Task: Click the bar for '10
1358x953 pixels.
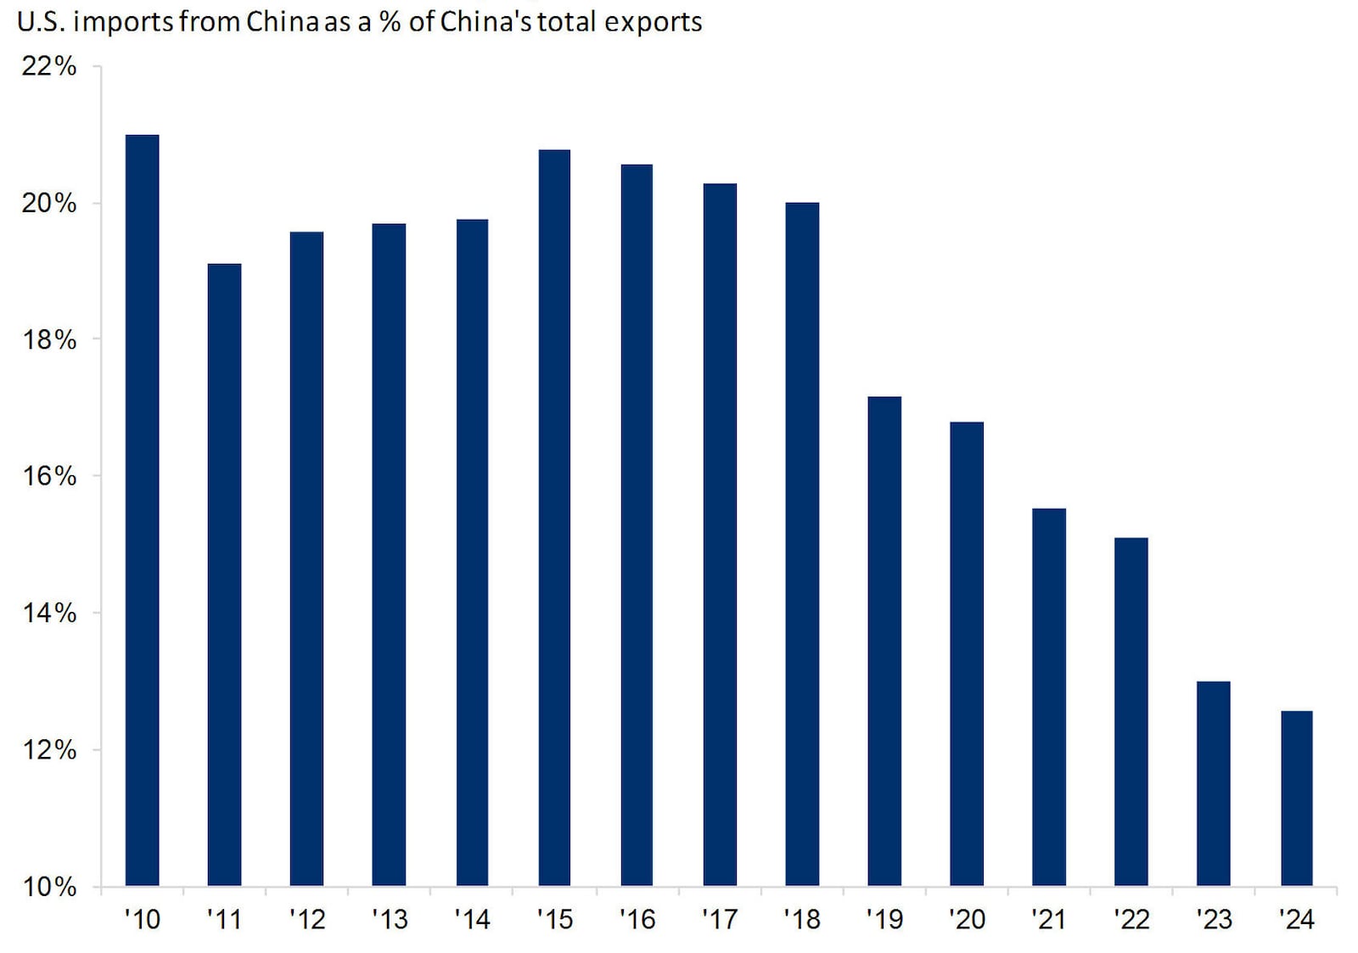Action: pos(142,509)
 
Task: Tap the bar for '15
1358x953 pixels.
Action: pos(554,518)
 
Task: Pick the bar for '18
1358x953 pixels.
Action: pos(802,544)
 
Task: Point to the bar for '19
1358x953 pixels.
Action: pos(884,641)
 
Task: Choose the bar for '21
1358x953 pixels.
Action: pos(1049,697)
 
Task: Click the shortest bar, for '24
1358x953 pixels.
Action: pos(1296,798)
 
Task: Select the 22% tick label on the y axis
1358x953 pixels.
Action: pos(48,66)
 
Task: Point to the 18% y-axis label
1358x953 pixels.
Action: pos(48,339)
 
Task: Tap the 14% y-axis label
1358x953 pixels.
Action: pos(48,613)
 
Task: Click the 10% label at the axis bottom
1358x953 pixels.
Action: pos(48,887)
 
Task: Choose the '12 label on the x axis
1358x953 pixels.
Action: pos(306,919)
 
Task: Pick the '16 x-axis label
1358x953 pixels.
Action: pos(637,919)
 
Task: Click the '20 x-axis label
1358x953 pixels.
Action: pos(967,919)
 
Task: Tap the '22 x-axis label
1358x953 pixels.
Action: pos(1131,919)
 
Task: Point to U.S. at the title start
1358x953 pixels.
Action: pos(41,21)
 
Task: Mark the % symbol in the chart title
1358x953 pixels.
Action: pos(390,21)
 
